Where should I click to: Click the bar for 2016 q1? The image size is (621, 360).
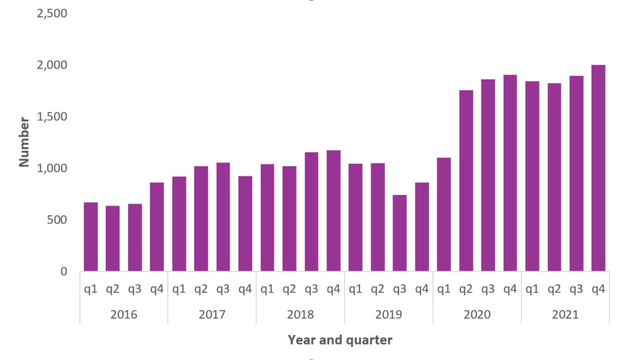tap(91, 237)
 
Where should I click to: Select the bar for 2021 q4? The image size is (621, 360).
tap(598, 168)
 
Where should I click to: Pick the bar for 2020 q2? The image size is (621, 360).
tap(466, 181)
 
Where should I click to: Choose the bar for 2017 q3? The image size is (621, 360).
tap(223, 217)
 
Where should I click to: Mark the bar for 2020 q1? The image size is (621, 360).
tap(444, 215)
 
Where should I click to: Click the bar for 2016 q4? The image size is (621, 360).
tap(157, 227)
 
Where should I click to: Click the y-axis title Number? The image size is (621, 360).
tap(24, 142)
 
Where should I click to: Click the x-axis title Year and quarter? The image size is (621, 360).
tap(340, 340)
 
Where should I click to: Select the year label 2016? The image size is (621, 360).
tap(124, 315)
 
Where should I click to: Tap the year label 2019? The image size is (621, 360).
tap(389, 315)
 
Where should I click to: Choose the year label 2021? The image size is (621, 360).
tap(565, 315)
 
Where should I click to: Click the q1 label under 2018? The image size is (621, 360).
tap(267, 289)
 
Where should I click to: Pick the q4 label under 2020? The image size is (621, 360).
tap(510, 289)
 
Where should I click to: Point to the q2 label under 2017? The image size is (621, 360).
tap(201, 289)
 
